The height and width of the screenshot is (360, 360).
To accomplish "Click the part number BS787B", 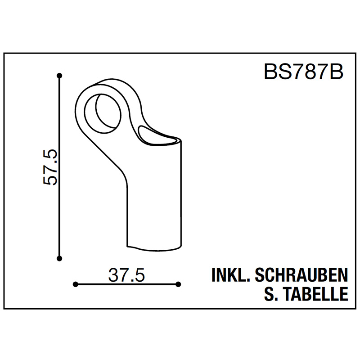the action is click(x=303, y=72).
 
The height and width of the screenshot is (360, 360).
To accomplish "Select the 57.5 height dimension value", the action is click(x=50, y=167).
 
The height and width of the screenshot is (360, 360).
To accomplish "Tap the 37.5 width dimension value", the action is click(x=126, y=275).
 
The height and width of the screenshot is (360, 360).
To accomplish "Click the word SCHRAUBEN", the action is click(x=301, y=275).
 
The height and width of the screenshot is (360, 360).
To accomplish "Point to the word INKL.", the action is click(x=230, y=275).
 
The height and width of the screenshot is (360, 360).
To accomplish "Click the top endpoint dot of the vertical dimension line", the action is click(x=59, y=76).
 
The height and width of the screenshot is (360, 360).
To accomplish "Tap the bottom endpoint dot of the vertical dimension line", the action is click(x=59, y=259).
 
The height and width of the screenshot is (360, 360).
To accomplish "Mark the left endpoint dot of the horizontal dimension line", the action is click(x=75, y=284).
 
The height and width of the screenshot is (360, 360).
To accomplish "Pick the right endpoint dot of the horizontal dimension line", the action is click(x=178, y=284).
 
